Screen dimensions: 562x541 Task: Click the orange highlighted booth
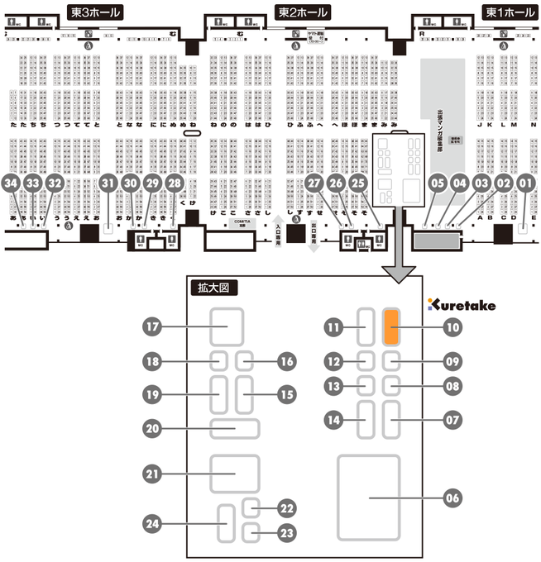(x=392, y=327)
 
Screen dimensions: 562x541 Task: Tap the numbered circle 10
(x=452, y=327)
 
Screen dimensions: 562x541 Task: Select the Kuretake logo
(x=462, y=305)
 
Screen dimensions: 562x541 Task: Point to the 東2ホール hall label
(x=302, y=12)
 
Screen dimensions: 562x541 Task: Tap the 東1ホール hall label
(x=510, y=12)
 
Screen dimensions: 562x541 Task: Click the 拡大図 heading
(x=213, y=288)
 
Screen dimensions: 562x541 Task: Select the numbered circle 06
(x=452, y=498)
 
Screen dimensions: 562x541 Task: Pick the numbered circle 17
(x=151, y=326)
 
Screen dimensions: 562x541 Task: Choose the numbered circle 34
(x=11, y=182)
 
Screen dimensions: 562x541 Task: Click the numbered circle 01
(x=525, y=182)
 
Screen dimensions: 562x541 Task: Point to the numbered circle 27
(x=313, y=182)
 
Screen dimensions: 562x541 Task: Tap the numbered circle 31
(x=108, y=182)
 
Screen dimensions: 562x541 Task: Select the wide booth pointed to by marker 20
(x=235, y=428)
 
